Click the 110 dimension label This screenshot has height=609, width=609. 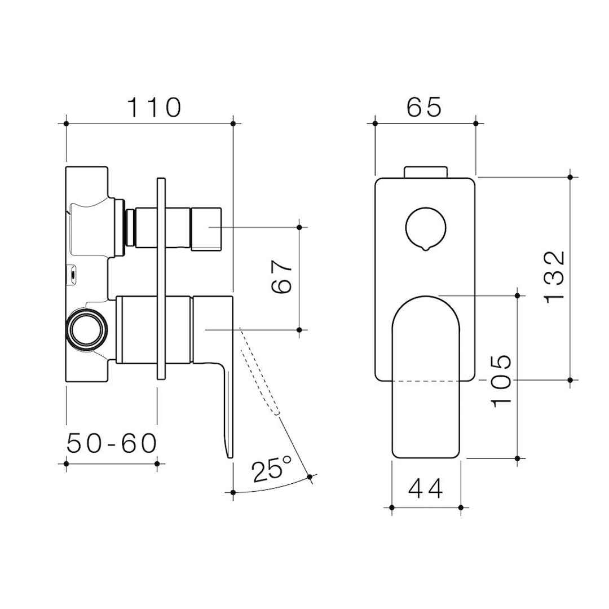coord(153,107)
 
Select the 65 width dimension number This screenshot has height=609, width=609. coord(424,107)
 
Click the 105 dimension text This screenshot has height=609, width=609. coord(500,381)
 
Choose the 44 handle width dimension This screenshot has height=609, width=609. coord(426,488)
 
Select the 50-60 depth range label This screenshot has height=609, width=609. coord(111,444)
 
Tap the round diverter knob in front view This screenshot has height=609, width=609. coord(426,228)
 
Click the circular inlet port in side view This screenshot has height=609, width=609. coord(86,330)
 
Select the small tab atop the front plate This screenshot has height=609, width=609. coord(426,171)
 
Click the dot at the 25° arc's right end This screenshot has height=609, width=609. coord(310,477)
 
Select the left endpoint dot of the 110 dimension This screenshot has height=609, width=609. coord(67,123)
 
